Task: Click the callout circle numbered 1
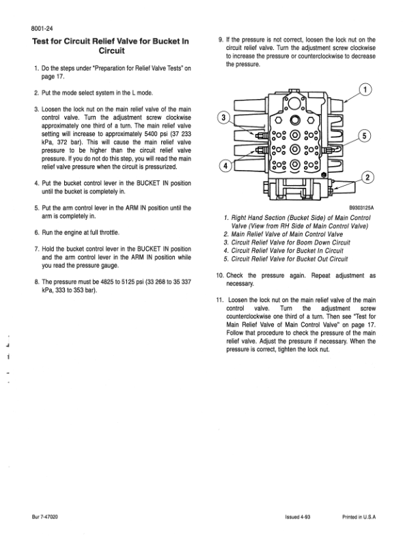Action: [x=367, y=90]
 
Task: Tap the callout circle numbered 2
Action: [x=366, y=179]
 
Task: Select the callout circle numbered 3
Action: [x=222, y=117]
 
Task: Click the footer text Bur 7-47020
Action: [x=44, y=516]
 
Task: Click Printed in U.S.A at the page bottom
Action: [x=361, y=516]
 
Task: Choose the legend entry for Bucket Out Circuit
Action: [x=288, y=259]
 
